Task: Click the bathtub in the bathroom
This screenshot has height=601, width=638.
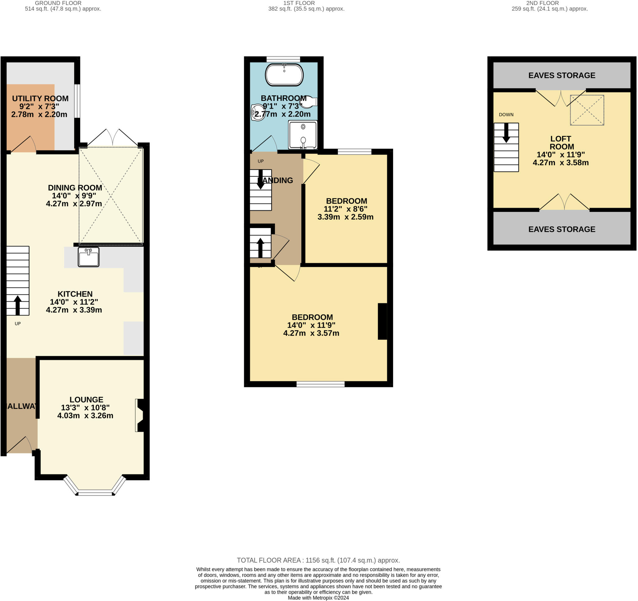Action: [284, 75]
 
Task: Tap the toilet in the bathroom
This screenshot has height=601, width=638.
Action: [309, 102]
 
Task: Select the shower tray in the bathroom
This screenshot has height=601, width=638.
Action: [302, 135]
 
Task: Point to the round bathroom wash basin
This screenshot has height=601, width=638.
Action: [258, 113]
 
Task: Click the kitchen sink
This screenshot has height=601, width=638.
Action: [88, 257]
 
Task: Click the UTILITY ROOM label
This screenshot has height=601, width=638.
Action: [40, 98]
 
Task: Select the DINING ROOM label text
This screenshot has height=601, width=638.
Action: [75, 188]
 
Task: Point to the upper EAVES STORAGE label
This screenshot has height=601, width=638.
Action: [562, 75]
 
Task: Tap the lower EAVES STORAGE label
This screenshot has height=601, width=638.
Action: [562, 229]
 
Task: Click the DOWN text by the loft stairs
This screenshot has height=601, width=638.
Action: [506, 115]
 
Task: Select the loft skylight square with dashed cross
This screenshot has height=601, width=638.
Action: [587, 110]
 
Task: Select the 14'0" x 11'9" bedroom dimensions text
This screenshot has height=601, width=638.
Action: [311, 325]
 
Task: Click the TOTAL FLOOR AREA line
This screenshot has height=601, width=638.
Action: [318, 560]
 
